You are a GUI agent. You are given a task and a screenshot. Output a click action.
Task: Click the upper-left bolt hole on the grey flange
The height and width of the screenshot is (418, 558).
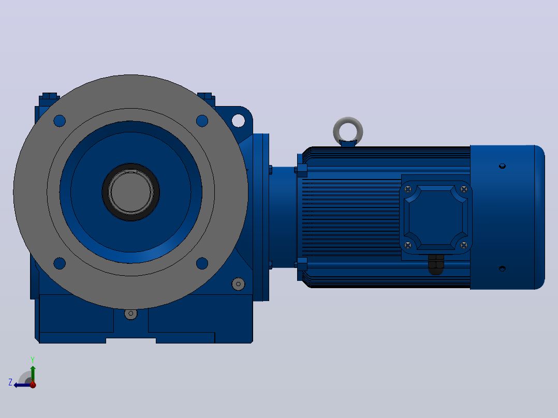(60, 121)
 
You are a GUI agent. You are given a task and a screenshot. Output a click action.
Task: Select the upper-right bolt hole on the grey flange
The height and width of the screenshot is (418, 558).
(202, 121)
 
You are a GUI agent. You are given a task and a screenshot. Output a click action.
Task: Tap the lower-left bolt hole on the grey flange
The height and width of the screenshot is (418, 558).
(60, 263)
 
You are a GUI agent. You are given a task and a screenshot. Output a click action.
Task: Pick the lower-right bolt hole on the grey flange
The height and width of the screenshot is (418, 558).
(202, 263)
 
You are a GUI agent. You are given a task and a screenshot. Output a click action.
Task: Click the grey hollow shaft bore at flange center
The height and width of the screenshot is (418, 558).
(130, 192)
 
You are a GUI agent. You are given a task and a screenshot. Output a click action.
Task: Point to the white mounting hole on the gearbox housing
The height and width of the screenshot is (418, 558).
(238, 121)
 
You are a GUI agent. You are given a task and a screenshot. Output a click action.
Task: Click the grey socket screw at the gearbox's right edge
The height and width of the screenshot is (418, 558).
(238, 284)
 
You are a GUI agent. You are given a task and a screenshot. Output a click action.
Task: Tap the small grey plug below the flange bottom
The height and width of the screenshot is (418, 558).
(130, 313)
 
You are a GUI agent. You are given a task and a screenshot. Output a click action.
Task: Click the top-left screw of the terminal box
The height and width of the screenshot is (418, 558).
(408, 189)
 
